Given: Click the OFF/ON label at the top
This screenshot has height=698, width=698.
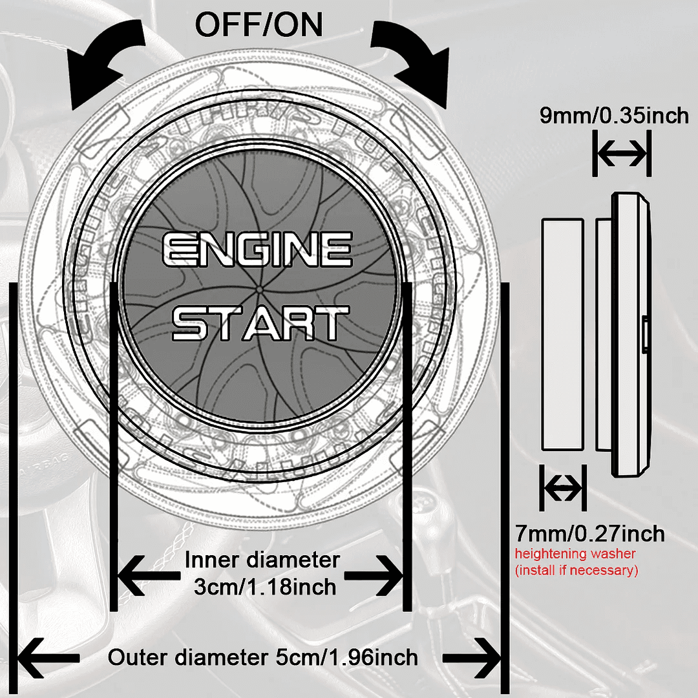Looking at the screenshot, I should tap(259, 26).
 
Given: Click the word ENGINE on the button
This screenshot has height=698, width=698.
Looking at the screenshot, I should tap(258, 251).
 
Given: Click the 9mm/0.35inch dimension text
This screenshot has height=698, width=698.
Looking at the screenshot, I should tap(615, 116).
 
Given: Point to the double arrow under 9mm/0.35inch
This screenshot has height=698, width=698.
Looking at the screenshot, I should tap(620, 154).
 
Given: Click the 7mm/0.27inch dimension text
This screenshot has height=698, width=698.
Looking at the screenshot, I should tap(590, 534).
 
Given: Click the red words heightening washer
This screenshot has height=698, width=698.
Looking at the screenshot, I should tap(575, 554).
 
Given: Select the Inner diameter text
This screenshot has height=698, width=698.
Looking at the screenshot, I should tap(262, 560).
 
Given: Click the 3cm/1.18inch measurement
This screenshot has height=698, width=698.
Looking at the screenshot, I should tap(265, 587).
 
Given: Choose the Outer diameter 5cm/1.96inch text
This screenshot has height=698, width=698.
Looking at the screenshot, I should tap(262, 658).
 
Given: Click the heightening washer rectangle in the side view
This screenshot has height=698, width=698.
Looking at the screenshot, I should tap(562, 335).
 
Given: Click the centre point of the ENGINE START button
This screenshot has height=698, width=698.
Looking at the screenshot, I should tap(259, 287).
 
